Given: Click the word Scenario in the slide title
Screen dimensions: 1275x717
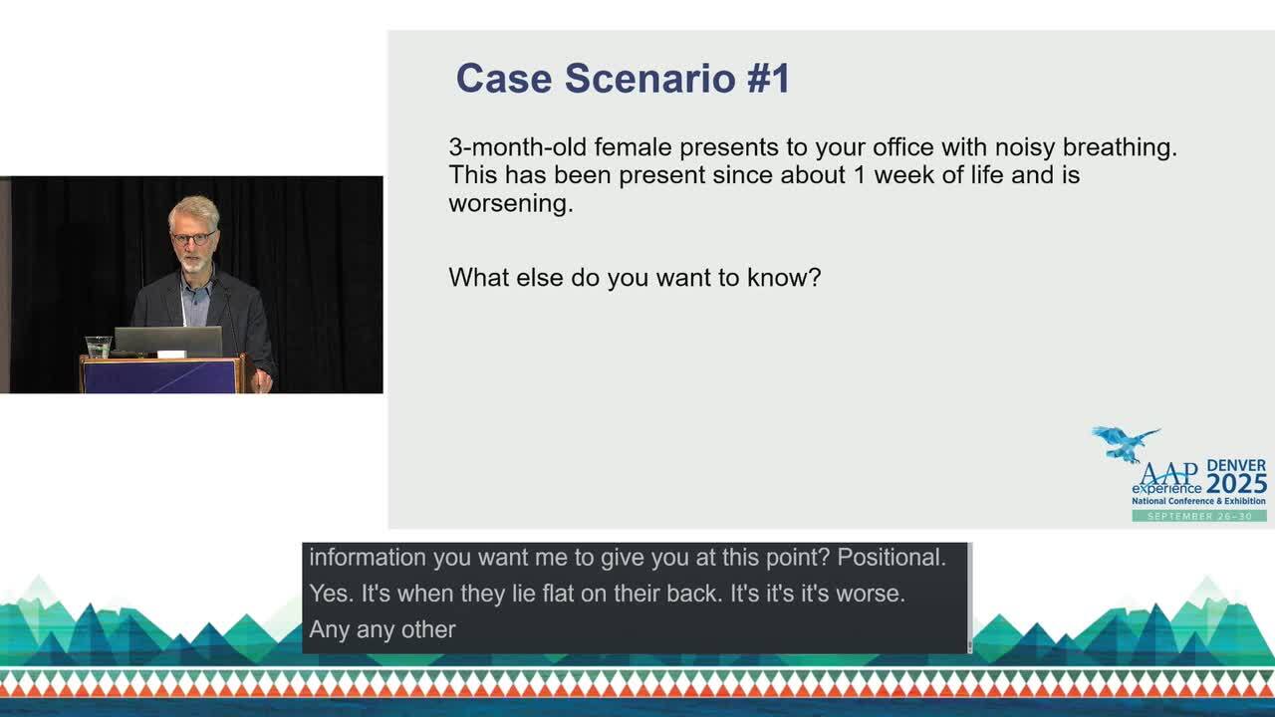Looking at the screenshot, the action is point(649,78).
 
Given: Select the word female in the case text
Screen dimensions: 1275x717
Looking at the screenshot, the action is point(633,147).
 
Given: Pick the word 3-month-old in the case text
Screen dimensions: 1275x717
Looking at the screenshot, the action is point(518,147).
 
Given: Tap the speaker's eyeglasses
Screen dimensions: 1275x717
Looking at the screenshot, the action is point(193,238).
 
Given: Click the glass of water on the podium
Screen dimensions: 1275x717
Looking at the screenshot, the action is point(98,348).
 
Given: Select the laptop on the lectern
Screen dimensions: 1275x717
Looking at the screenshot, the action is point(168,341).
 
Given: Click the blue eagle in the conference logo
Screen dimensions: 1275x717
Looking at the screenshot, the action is point(1125,444).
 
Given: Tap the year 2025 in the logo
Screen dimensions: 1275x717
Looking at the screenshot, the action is point(1236,484).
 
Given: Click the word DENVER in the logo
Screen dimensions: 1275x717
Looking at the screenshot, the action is point(1236,465).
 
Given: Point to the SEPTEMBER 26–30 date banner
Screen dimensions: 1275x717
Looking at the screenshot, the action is point(1199,516).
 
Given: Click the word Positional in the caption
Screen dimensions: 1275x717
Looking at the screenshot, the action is point(892,558).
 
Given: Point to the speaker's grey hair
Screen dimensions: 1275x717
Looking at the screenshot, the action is point(194,209).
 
